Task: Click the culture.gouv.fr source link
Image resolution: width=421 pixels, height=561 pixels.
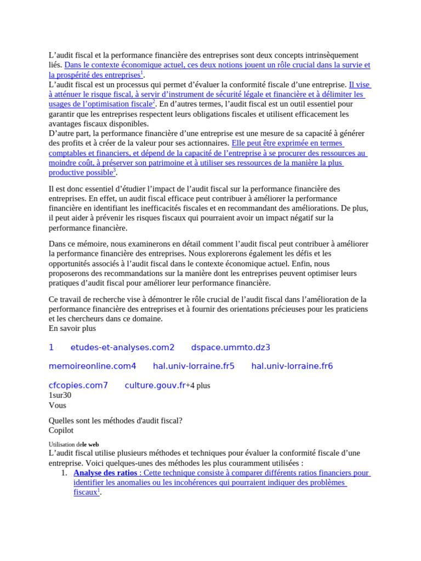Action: (155, 385)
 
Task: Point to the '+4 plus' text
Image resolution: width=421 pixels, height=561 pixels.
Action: (198, 386)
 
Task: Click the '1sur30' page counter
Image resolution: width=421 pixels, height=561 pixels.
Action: (60, 395)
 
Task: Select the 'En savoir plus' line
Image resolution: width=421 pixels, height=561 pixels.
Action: (72, 328)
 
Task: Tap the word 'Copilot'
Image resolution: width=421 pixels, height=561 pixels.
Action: (61, 430)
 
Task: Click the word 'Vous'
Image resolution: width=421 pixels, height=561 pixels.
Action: (58, 405)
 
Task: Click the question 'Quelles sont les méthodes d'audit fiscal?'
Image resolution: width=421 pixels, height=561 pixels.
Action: (116, 420)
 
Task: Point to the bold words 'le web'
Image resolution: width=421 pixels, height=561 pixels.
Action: (90, 444)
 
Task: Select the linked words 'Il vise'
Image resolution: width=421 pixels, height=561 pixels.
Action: (360, 85)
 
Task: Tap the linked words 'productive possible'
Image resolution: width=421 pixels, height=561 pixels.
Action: (81, 173)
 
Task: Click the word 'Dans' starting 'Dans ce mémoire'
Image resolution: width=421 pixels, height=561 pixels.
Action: (58, 243)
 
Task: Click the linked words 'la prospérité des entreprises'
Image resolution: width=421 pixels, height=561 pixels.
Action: (94, 75)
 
